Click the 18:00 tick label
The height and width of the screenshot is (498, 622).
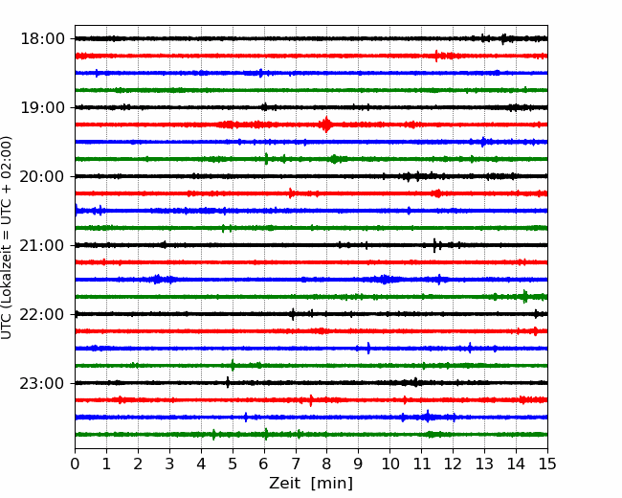coord(42,39)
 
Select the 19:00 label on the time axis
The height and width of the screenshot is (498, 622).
coord(42,107)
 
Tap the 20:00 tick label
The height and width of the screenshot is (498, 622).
coord(42,176)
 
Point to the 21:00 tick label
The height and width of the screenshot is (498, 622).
coord(42,245)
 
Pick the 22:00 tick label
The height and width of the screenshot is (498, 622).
coord(42,314)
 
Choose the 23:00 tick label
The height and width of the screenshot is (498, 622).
coord(42,383)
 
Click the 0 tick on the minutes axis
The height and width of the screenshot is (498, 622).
coord(75,464)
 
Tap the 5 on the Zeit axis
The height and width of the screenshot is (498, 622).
coord(233,464)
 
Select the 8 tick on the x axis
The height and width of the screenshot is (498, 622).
coord(327,464)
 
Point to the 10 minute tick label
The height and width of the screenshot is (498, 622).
coord(389,464)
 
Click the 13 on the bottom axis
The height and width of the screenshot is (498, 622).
coord(484,464)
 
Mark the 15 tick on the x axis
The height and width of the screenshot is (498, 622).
coord(547,464)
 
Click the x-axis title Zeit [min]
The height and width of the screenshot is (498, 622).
coord(311,483)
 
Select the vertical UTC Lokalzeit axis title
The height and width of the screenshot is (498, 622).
coord(6,238)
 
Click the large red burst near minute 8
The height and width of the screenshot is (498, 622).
coord(326,124)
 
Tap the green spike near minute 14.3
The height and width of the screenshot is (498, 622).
coord(524,296)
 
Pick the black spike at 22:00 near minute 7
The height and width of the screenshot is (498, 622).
coord(293,314)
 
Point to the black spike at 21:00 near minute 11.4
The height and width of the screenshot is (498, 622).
coord(434,245)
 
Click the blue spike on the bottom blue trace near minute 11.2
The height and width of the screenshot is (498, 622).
coord(427,417)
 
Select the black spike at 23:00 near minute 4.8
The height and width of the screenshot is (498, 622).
coord(228,382)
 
